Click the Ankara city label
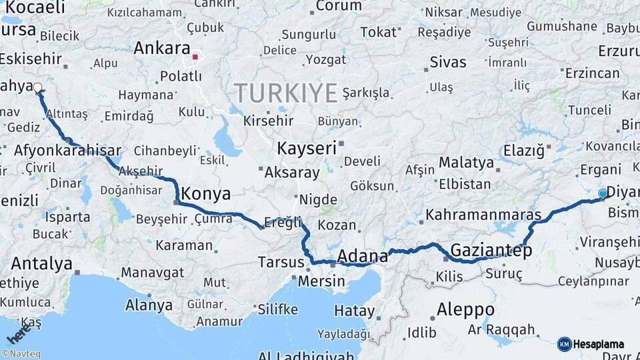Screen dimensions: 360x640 pos(161,48)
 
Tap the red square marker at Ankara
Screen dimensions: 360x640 pos(195,57)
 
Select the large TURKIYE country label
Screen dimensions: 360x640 pos(285,93)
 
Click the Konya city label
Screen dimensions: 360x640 pos(206,194)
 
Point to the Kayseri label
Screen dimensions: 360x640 pos(307,148)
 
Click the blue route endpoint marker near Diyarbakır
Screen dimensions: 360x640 pos(603,193)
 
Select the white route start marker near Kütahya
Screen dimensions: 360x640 pos(38,87)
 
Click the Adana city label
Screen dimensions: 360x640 pos(363,256)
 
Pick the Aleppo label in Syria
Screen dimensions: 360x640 pos(466,310)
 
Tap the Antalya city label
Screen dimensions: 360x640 pos(41,263)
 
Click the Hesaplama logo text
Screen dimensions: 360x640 pos(599,344)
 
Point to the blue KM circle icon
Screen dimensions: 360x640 pos(564,344)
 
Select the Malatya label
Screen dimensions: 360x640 pos(466,163)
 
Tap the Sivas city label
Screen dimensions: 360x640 pos(448,62)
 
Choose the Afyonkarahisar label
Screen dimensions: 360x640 pos(67,150)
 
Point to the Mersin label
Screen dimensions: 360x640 pos(321,281)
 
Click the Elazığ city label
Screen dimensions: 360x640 pos(523,151)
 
